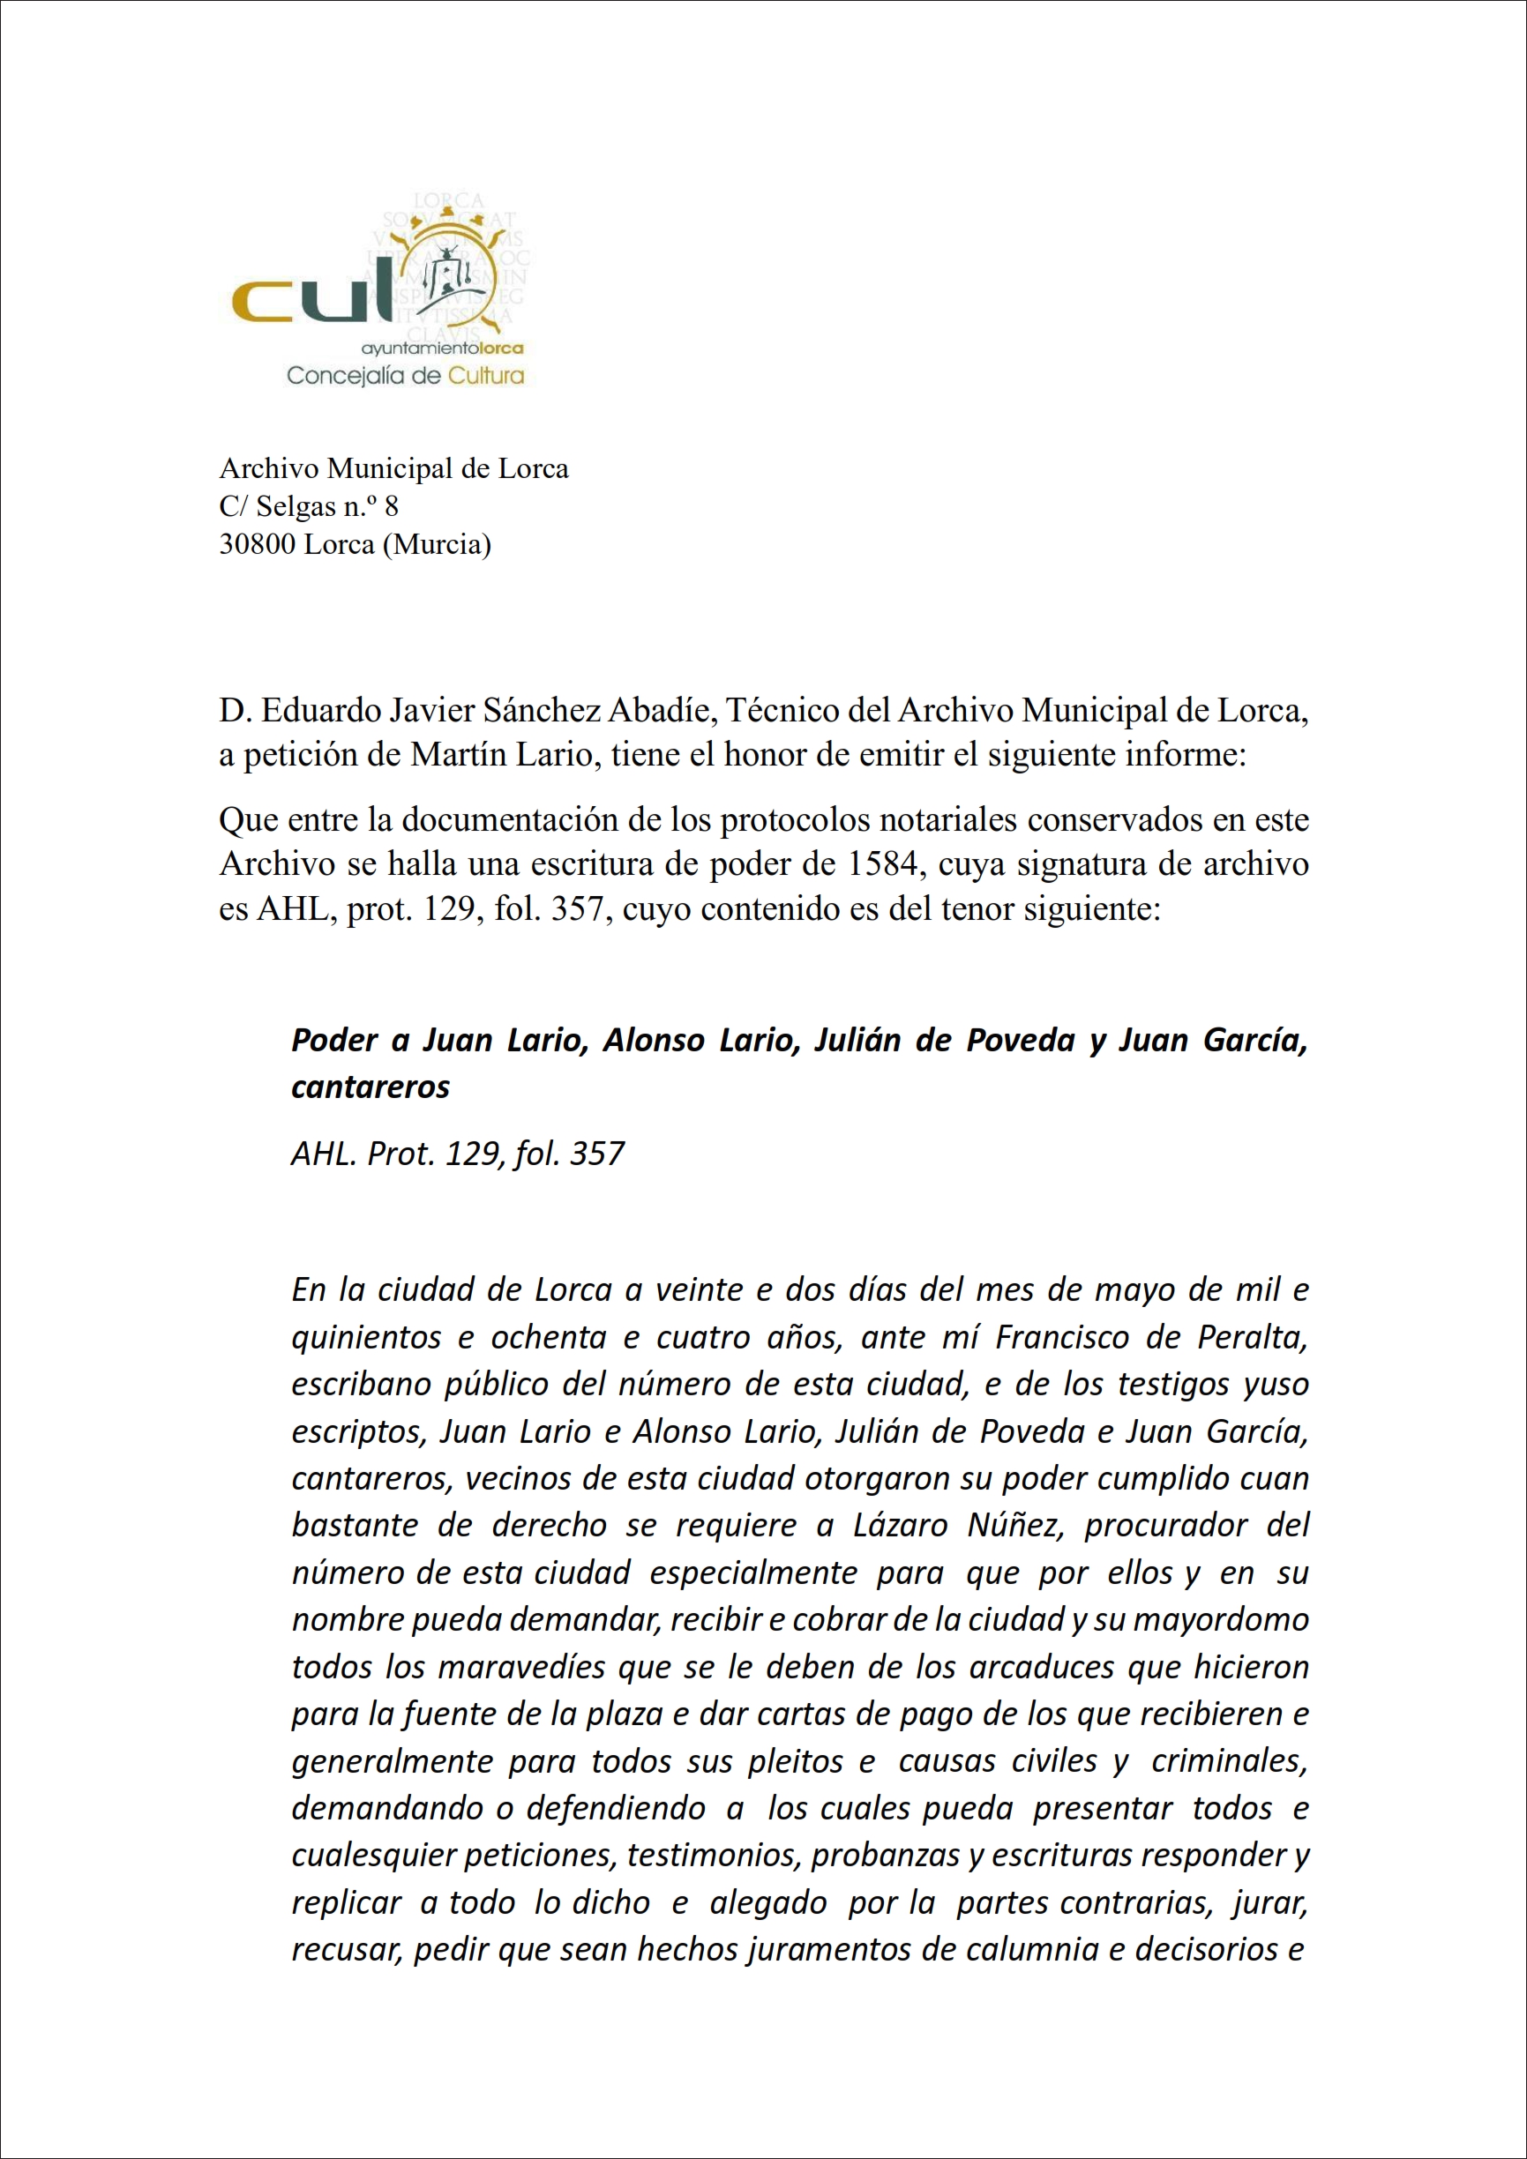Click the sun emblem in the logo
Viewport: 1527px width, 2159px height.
[447, 273]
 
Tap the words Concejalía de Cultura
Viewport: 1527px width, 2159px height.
[404, 376]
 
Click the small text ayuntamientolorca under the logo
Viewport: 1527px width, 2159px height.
[442, 347]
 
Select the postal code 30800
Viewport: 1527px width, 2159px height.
[247, 543]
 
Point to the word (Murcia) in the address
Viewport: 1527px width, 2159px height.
[438, 543]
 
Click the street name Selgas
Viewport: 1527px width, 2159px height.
[296, 506]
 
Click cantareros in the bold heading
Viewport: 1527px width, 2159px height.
[371, 1087]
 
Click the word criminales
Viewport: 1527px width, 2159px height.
[1229, 1760]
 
